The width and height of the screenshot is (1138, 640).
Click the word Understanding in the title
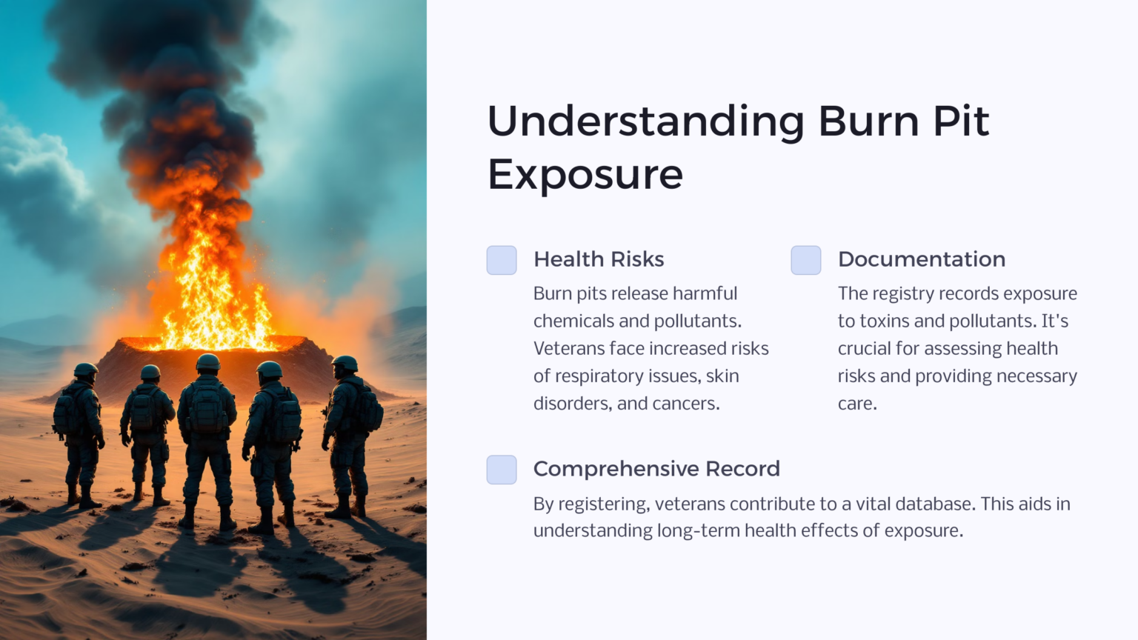(645, 122)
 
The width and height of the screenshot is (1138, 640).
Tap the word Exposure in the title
(585, 175)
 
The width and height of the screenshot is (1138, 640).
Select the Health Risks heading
(599, 259)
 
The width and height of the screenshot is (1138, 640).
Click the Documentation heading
(921, 259)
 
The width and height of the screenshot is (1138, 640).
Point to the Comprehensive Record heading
(656, 469)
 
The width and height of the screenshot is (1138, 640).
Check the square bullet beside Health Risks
(502, 260)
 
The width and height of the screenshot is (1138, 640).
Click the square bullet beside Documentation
(806, 260)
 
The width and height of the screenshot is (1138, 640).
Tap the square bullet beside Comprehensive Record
(502, 470)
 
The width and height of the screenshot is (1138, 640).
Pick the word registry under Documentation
(903, 294)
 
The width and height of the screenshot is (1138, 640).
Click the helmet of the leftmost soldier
(85, 369)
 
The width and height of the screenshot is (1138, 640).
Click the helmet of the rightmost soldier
(345, 363)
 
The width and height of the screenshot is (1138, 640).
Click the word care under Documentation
(856, 404)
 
